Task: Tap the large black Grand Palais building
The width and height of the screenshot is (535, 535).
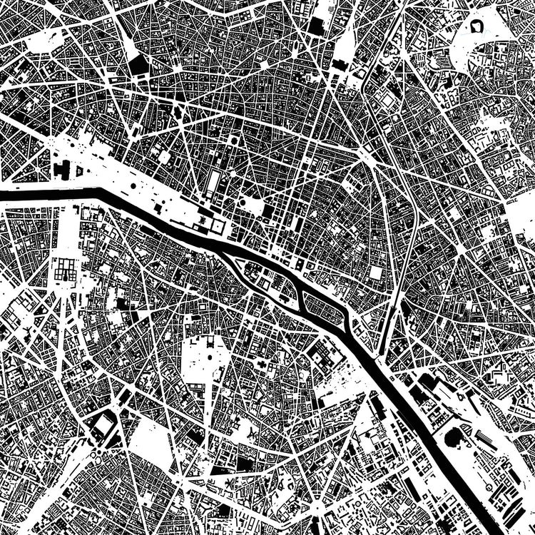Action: [62, 170]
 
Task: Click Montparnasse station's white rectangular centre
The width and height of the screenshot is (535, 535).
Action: [103, 425]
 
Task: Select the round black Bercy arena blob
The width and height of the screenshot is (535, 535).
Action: [452, 437]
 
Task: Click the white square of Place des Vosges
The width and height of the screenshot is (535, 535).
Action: [376, 272]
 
